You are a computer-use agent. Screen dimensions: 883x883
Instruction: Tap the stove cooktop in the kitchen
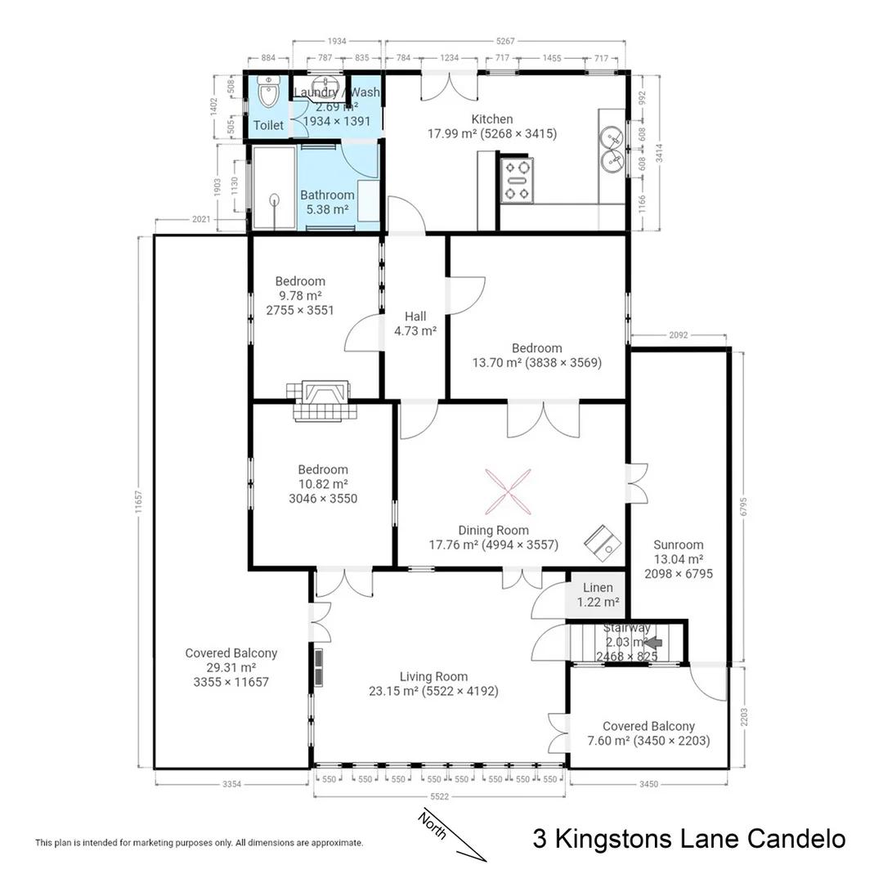pos(518,181)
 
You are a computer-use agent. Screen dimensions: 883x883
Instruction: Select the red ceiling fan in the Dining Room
pos(507,490)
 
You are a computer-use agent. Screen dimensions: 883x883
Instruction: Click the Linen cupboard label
pos(598,588)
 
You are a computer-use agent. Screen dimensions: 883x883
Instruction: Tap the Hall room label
pos(415,316)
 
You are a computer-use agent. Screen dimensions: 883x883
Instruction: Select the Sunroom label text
pos(678,545)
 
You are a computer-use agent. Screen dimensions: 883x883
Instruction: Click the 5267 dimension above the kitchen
pos(507,41)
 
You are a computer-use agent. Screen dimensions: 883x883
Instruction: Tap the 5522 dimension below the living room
pos(439,795)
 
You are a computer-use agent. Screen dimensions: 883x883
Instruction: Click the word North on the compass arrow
pos(432,826)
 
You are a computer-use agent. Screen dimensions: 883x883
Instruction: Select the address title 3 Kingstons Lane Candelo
pos(688,839)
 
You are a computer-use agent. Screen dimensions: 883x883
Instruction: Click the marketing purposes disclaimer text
pos(199,842)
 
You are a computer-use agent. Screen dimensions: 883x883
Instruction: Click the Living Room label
pos(433,676)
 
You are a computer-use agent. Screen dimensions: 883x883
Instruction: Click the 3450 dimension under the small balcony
pos(648,784)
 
